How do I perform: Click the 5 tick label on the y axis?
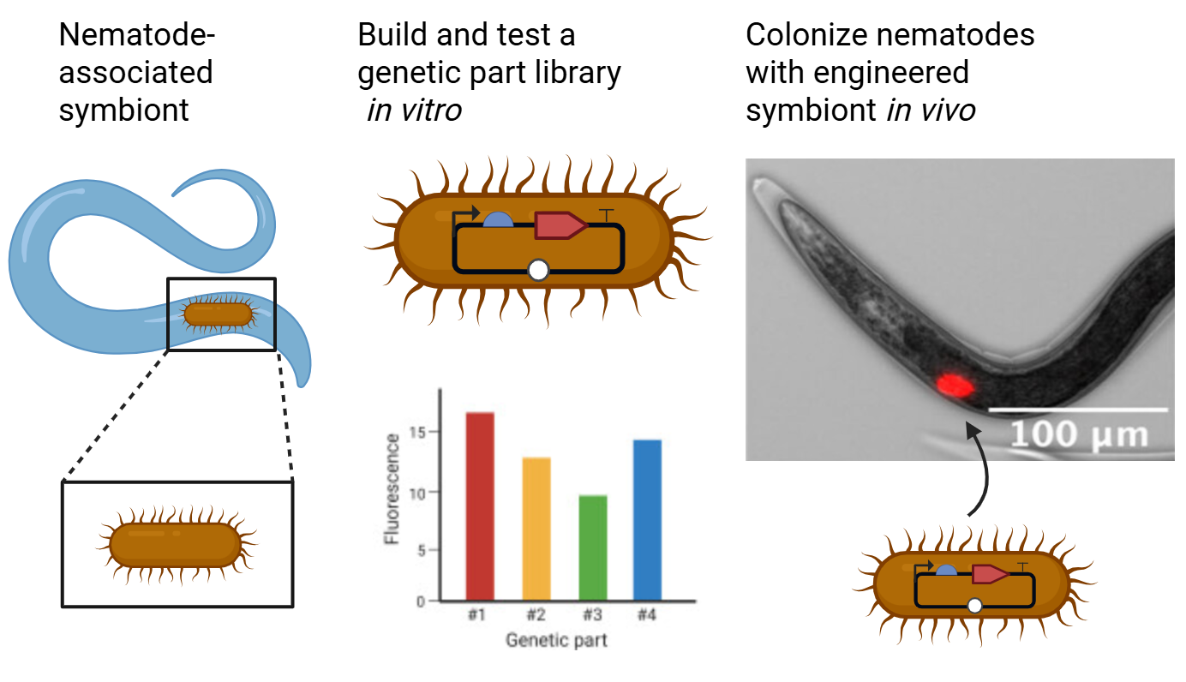click(420, 550)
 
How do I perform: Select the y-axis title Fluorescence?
click(392, 489)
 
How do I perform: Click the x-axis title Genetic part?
click(556, 640)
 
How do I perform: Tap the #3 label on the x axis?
click(592, 615)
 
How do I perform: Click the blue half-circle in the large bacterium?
click(498, 220)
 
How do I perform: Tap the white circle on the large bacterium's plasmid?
click(538, 271)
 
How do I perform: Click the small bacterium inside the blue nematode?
click(219, 314)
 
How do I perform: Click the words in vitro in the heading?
click(414, 110)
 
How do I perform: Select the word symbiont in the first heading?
click(123, 110)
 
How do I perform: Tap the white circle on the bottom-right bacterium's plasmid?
click(974, 606)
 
